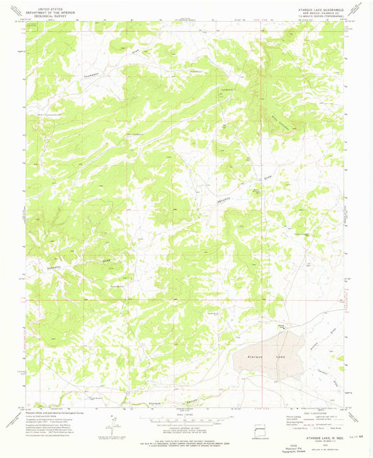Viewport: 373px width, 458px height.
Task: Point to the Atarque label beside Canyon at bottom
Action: (x=156, y=404)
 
